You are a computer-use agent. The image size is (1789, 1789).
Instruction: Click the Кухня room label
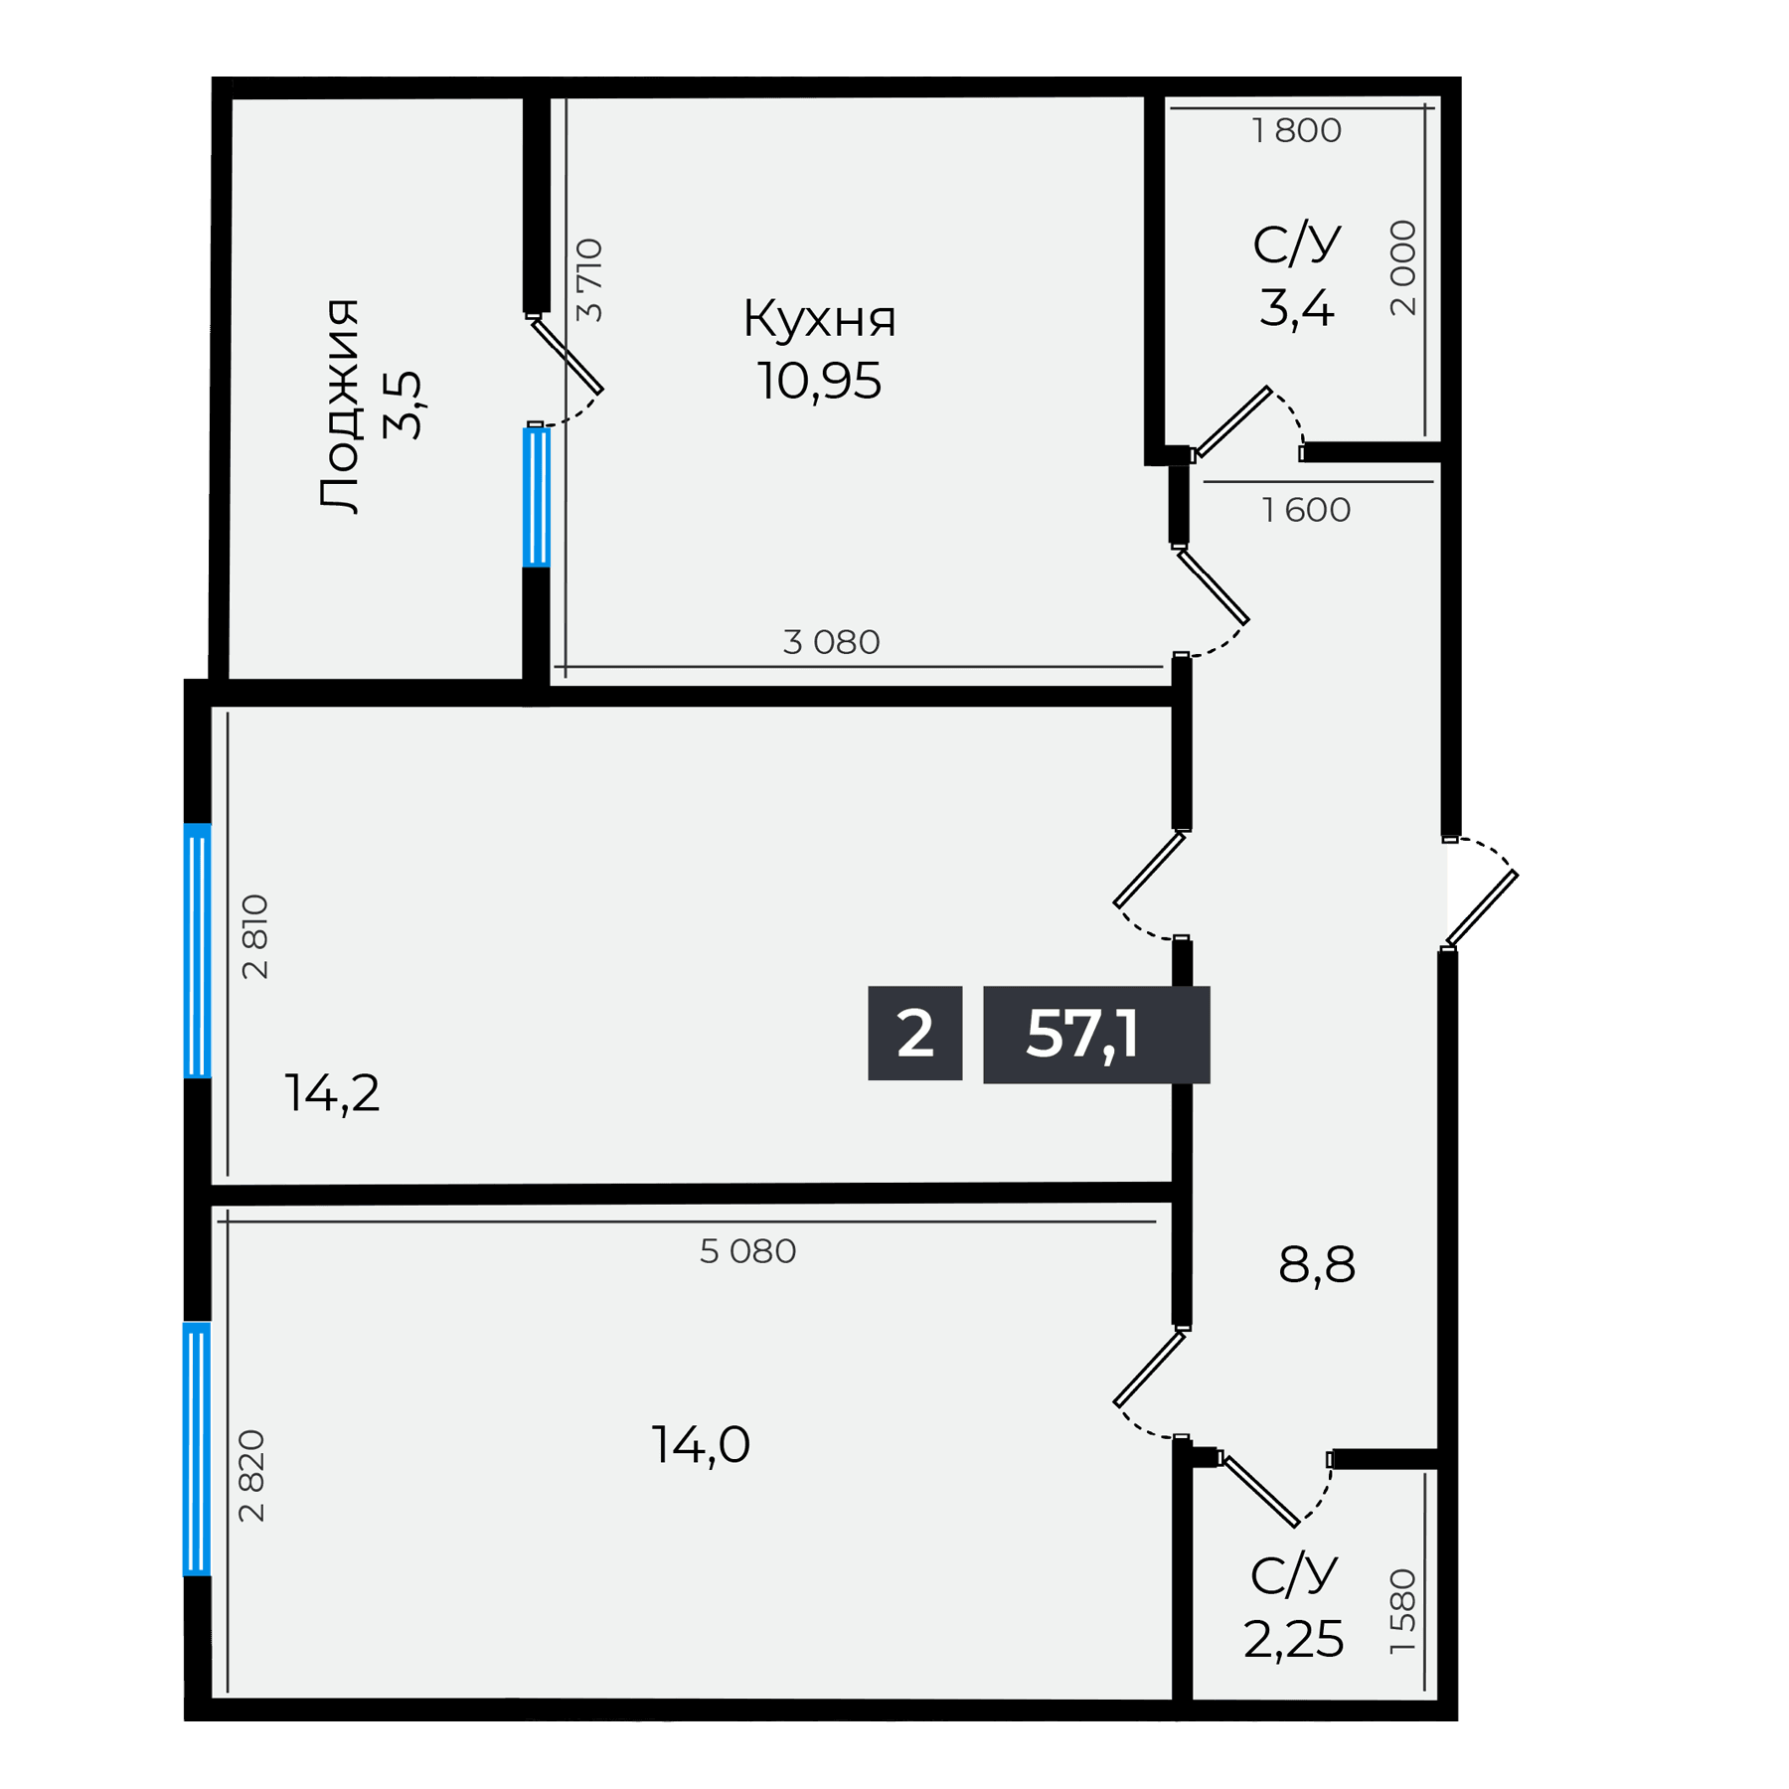(819, 319)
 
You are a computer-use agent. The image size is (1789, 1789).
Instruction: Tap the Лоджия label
(340, 405)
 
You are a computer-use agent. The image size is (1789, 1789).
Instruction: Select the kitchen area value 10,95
(819, 381)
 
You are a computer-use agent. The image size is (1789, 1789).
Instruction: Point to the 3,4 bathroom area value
(1296, 308)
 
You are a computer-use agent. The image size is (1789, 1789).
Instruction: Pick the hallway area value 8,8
(1317, 1265)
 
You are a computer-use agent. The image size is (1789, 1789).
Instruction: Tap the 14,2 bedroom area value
(332, 1093)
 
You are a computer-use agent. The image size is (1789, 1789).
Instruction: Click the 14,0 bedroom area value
(701, 1444)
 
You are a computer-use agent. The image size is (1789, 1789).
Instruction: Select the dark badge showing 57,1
(1096, 1035)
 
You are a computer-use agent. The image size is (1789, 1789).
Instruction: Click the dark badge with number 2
(914, 1034)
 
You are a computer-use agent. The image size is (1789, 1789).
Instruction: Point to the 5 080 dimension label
(747, 1251)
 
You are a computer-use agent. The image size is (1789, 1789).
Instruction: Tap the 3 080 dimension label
(831, 642)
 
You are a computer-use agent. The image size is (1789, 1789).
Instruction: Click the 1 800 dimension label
(1296, 130)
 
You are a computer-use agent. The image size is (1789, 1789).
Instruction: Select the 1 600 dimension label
(1306, 510)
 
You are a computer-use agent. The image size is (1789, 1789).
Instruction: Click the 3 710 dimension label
(589, 279)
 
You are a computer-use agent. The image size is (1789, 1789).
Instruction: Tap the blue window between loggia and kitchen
(536, 497)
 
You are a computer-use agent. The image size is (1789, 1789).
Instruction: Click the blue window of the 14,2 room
(198, 950)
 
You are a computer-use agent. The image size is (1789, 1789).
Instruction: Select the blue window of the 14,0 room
(197, 1448)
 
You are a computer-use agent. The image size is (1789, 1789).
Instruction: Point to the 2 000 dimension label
(1402, 268)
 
